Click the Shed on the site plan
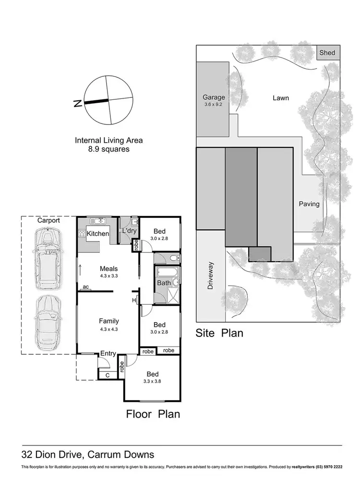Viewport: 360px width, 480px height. [x=328, y=53]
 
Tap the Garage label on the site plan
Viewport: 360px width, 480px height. [x=214, y=97]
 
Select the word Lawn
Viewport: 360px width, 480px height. [x=281, y=98]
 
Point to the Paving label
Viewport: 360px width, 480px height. [x=309, y=204]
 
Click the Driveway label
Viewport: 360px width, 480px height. [x=210, y=277]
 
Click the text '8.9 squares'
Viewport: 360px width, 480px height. [x=108, y=149]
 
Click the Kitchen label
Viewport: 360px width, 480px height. [x=98, y=234]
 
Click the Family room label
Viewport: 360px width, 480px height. [x=108, y=321]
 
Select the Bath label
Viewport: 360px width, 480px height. [x=164, y=283]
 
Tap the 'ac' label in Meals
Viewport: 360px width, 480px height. [x=86, y=287]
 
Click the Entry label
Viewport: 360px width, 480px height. [x=108, y=354]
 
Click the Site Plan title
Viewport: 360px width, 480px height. [x=219, y=333]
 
